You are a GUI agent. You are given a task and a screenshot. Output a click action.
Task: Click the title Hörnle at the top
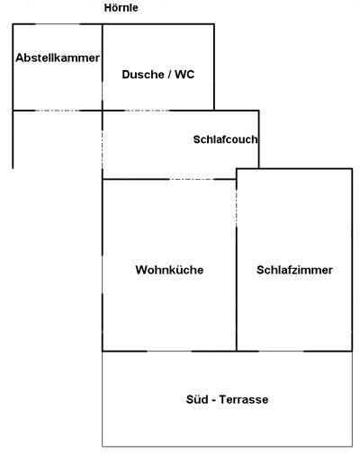[x=121, y=8]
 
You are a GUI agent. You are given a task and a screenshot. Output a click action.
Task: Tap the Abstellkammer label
[x=58, y=58]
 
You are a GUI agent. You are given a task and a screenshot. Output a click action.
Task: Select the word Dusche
[x=143, y=75]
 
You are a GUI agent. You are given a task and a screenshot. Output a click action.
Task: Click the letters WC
[x=184, y=75]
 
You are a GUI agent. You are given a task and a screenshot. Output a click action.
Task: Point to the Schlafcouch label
[x=225, y=139]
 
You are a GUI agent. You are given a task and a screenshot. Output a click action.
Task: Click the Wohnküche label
[x=169, y=270]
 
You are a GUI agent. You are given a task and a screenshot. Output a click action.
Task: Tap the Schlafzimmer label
[x=294, y=270]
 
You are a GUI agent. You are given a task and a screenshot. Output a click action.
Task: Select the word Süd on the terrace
[x=197, y=399]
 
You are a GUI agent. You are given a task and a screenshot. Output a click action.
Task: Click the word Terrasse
[x=244, y=399]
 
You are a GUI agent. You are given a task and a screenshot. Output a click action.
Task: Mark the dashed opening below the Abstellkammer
[x=58, y=111]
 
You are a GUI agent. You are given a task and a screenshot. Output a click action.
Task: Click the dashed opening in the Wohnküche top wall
[x=192, y=179]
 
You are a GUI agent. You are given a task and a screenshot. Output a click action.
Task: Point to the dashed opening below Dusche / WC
[x=147, y=111]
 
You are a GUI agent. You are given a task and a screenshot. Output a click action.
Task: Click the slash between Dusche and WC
[x=169, y=75]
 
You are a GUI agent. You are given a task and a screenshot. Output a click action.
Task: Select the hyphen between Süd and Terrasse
[x=213, y=400]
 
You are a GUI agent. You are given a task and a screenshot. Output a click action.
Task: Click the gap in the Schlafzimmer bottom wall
[x=281, y=351]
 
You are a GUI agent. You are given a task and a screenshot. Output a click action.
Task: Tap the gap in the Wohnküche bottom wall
[x=169, y=351]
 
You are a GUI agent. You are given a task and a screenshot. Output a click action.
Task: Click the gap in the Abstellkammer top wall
[x=58, y=24]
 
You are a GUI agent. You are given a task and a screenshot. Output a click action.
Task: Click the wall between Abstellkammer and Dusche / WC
[x=103, y=67]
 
